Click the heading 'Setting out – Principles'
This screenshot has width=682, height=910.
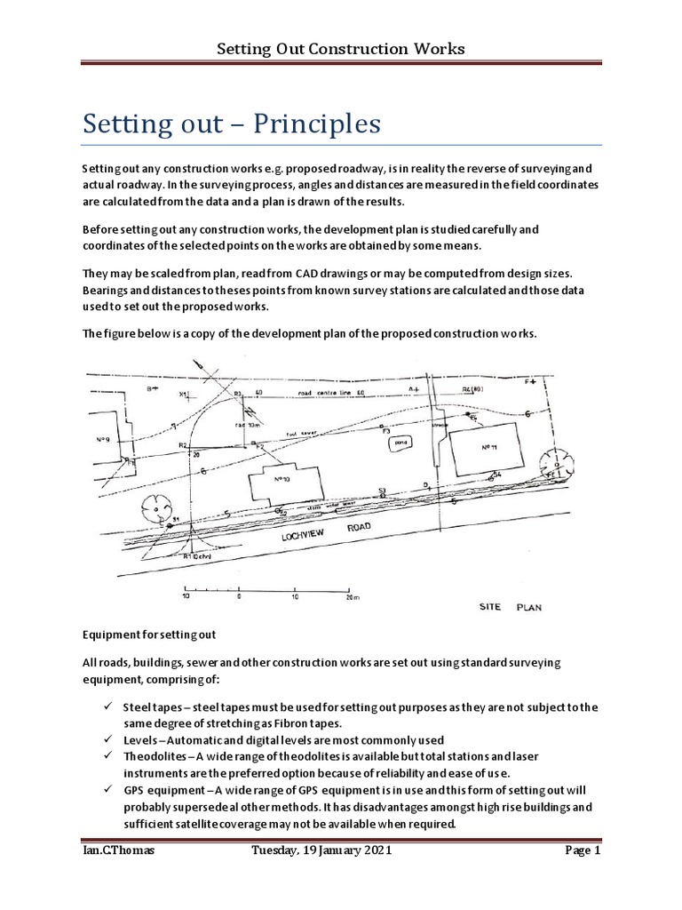(233, 122)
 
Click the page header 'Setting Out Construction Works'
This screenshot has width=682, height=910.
(341, 48)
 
